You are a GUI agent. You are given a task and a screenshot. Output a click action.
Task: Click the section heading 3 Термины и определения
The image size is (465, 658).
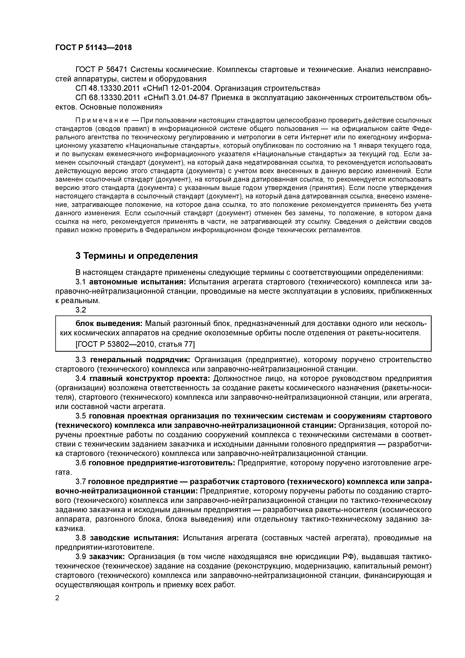point(137,256)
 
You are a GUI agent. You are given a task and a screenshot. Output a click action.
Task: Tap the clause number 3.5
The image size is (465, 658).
point(81,416)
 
